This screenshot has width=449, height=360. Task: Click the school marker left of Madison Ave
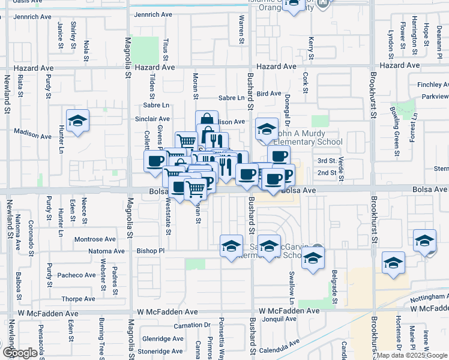[x=77, y=121]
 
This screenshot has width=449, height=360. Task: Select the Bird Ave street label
[x=268, y=94]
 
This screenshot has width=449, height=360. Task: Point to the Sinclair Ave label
[x=152, y=119]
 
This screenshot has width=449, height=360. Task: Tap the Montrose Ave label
[x=95, y=239]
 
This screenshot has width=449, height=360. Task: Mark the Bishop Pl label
[x=150, y=250]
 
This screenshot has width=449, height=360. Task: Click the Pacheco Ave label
[x=77, y=275]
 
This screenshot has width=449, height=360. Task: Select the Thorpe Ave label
[x=78, y=298]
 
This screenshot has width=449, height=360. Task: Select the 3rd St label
[x=326, y=161]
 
